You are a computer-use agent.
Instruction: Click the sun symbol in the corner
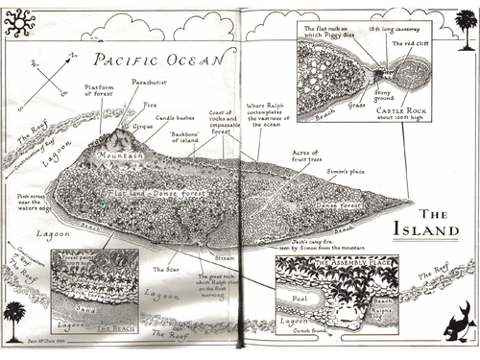pyautogui.click(x=19, y=18)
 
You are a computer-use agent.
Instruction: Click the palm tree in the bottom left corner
pyautogui.click(x=15, y=315)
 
